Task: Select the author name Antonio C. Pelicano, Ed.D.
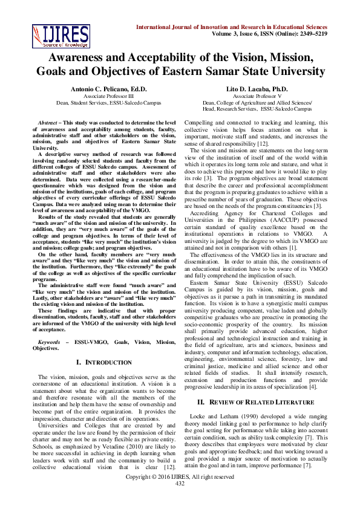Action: (x=105, y=89)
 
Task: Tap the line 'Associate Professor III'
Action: (x=105, y=96)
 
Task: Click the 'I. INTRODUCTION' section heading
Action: (x=105, y=362)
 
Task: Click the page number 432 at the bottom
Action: (x=180, y=500)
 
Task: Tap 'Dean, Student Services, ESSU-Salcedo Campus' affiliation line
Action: (x=105, y=103)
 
